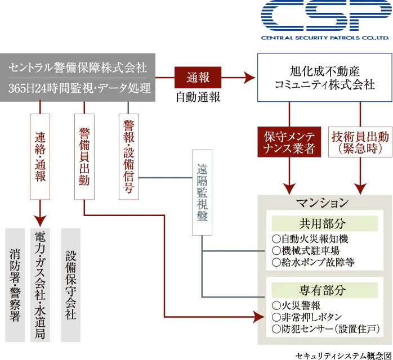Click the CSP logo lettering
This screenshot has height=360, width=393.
(x=324, y=17)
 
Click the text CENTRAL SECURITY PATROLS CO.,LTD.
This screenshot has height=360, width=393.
(x=324, y=39)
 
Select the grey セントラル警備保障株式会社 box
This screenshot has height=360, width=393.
(x=79, y=78)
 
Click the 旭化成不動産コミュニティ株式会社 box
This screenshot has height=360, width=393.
(x=324, y=78)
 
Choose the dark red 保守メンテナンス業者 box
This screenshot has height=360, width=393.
(x=289, y=142)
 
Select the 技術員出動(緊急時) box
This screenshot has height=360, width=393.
(x=360, y=142)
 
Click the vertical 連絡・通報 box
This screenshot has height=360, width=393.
(x=41, y=156)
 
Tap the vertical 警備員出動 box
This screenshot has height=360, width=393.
(x=84, y=156)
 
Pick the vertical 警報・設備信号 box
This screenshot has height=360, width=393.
(x=128, y=156)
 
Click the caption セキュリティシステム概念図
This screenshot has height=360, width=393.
(x=342, y=355)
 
